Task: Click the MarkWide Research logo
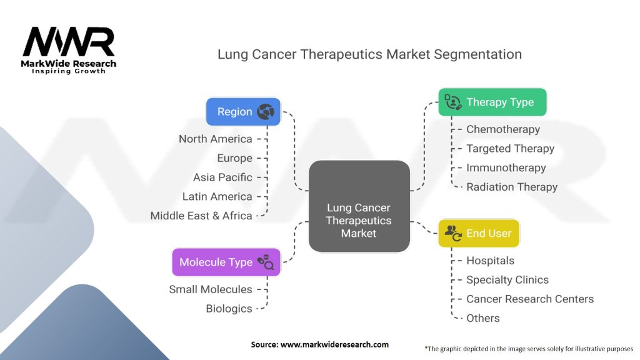click(x=69, y=50)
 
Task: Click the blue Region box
click(x=243, y=112)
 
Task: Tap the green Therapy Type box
click(x=492, y=102)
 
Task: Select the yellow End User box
click(x=479, y=233)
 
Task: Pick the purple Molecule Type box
click(x=226, y=262)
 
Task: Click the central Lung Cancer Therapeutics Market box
click(x=359, y=220)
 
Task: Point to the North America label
click(x=216, y=139)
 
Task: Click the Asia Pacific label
click(x=222, y=177)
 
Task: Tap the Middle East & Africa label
click(x=201, y=216)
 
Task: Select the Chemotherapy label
click(x=503, y=129)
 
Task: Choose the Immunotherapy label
click(x=506, y=167)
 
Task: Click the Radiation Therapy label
click(x=512, y=187)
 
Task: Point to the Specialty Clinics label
click(x=507, y=279)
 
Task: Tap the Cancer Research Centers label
click(x=530, y=299)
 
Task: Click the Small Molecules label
click(x=211, y=289)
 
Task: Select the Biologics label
click(x=229, y=309)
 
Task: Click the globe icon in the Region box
click(x=266, y=112)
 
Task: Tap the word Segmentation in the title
click(x=480, y=54)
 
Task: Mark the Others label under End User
click(x=483, y=318)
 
